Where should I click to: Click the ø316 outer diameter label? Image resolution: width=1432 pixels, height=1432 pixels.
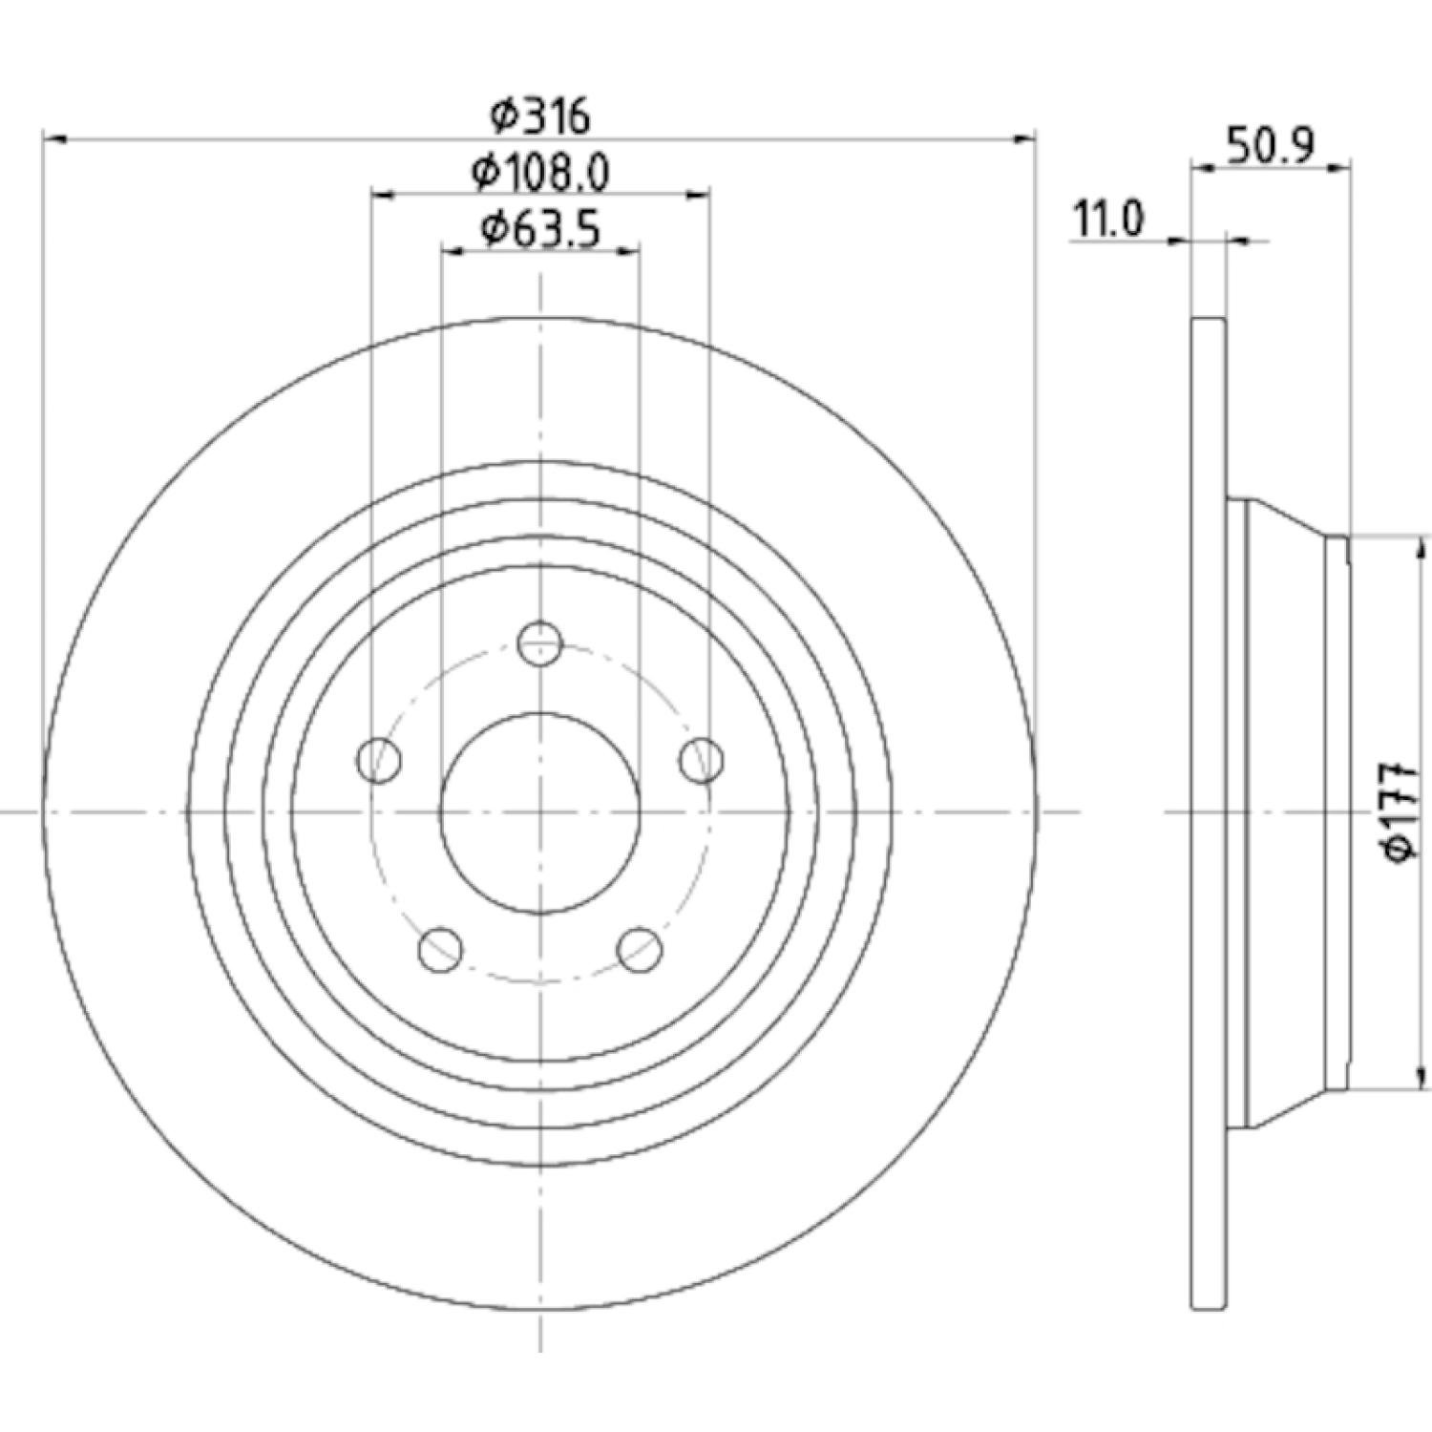[540, 116]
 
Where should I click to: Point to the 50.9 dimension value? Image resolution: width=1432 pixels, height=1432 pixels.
[1271, 146]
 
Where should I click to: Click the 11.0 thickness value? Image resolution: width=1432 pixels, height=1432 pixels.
[1108, 221]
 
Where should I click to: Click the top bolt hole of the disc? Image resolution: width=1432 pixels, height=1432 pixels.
[540, 642]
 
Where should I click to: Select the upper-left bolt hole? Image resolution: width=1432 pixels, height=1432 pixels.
[379, 760]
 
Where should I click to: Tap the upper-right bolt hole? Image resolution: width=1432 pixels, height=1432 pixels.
[702, 760]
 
